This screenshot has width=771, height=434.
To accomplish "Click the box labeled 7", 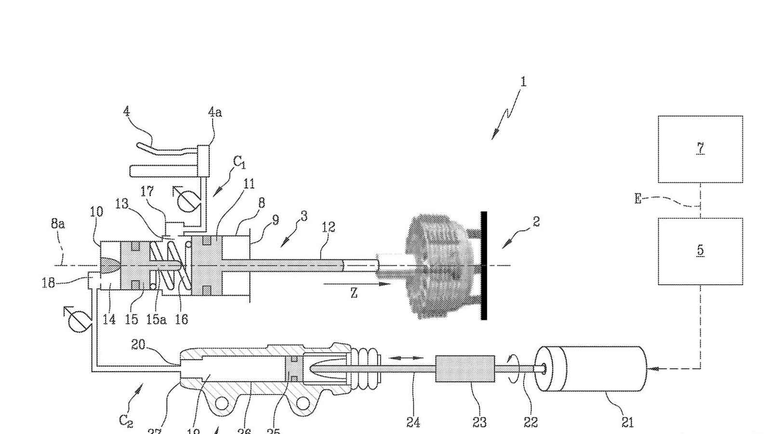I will (700, 149).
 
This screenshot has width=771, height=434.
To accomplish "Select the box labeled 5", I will (700, 251).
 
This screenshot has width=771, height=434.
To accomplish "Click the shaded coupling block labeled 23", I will (465, 369).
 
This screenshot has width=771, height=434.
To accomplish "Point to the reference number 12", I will (328, 227).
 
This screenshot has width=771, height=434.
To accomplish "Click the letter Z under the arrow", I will (354, 293).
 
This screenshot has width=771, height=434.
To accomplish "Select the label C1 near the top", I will (239, 163).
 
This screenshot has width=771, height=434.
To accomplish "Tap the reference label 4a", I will (215, 112).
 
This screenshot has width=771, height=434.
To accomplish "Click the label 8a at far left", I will (58, 223).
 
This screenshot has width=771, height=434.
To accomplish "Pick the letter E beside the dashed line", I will (638, 198).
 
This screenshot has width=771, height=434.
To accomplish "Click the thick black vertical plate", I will (484, 265).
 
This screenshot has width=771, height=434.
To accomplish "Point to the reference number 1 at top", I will (523, 82).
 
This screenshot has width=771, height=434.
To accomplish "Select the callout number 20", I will (138, 344).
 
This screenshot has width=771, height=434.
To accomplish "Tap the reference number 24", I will (413, 422).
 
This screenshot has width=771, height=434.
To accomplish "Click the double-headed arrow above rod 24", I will (406, 358).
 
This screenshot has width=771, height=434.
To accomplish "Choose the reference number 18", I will (48, 283).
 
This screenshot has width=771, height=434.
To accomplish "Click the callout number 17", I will (147, 192).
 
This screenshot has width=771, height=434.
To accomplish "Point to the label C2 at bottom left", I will (126, 421).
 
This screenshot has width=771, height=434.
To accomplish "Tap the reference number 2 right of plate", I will (536, 222).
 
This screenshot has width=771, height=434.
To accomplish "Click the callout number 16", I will (181, 319).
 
